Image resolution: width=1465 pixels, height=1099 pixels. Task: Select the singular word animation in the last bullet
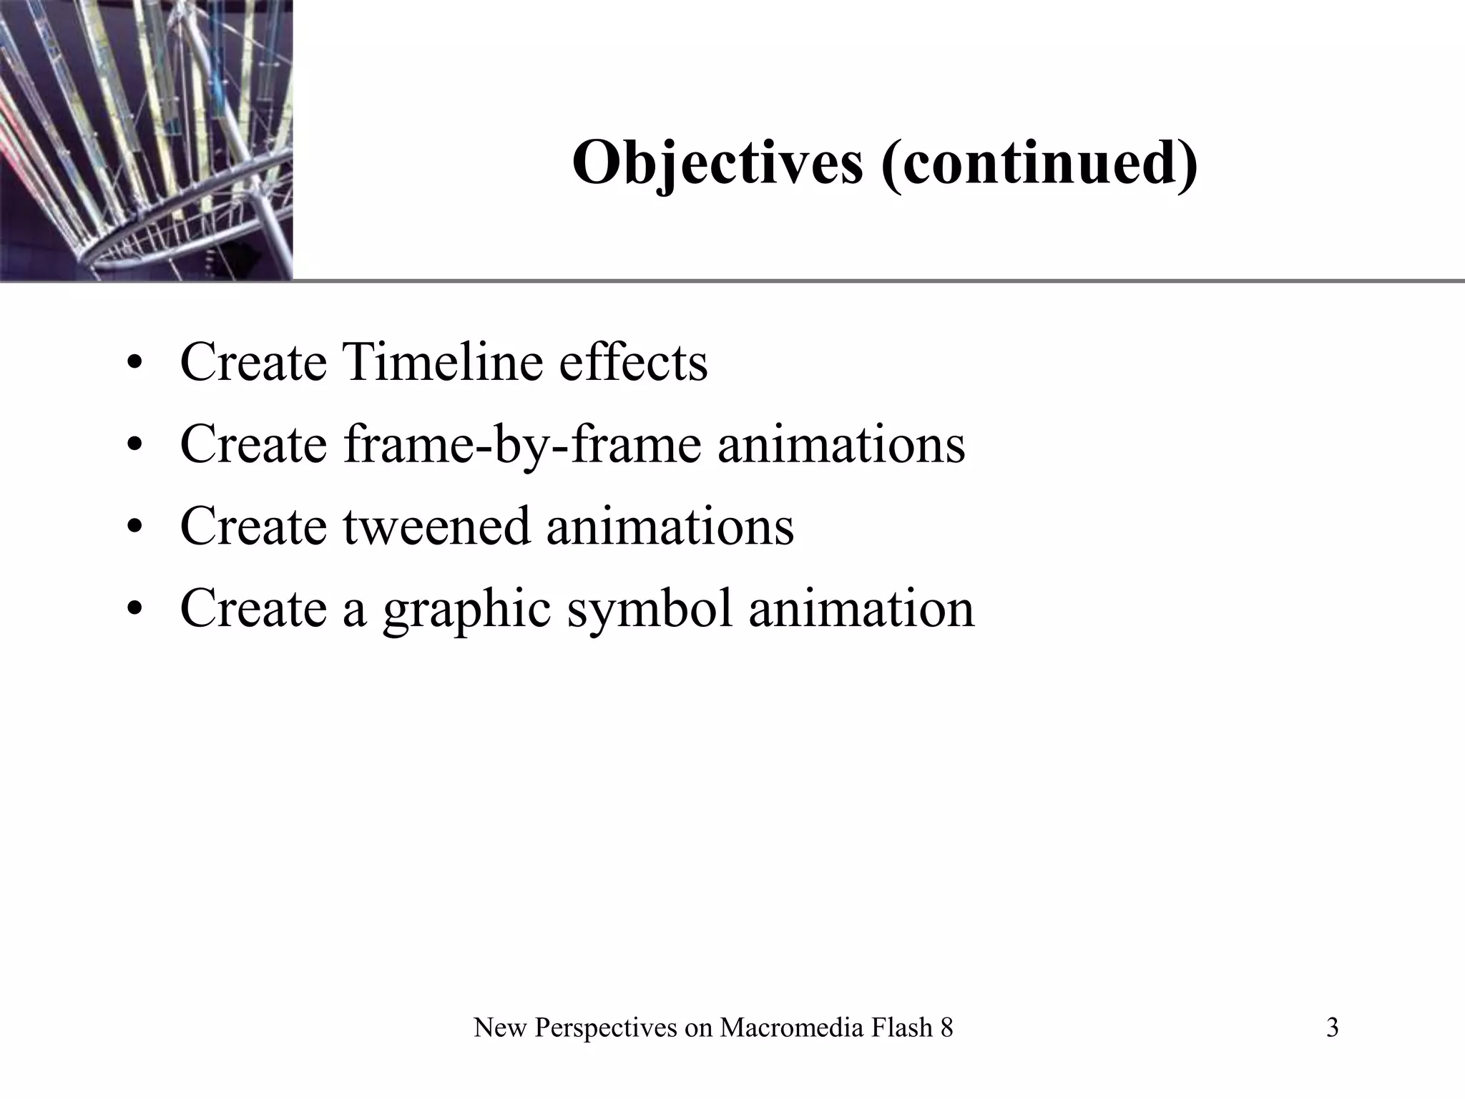[861, 609]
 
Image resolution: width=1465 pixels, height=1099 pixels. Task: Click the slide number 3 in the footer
[1332, 1028]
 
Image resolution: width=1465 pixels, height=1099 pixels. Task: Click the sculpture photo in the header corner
[146, 140]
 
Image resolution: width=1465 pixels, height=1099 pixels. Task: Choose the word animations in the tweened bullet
[670, 527]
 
